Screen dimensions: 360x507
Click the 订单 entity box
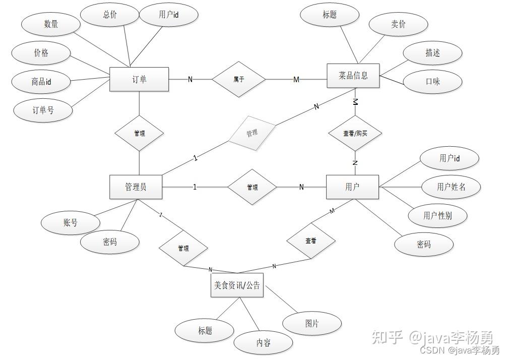139,79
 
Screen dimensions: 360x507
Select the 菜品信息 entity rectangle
353,76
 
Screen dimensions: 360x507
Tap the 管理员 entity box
136,187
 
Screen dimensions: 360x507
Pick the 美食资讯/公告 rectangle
237,285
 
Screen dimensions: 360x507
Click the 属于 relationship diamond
239,79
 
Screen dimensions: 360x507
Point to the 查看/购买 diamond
355,134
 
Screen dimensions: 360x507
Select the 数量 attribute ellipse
51,24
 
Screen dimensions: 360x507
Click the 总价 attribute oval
110,15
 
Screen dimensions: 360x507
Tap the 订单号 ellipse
43,110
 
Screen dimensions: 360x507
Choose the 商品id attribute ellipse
41,82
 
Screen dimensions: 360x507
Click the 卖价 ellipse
398,24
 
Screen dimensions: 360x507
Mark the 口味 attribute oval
432,81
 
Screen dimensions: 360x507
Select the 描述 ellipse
432,53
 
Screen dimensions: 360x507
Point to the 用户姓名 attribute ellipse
451,187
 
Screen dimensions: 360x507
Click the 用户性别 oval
437,216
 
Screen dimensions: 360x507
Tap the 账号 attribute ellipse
71,222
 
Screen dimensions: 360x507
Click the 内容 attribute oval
263,343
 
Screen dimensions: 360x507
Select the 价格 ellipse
41,53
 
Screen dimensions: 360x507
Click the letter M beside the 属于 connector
296,80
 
